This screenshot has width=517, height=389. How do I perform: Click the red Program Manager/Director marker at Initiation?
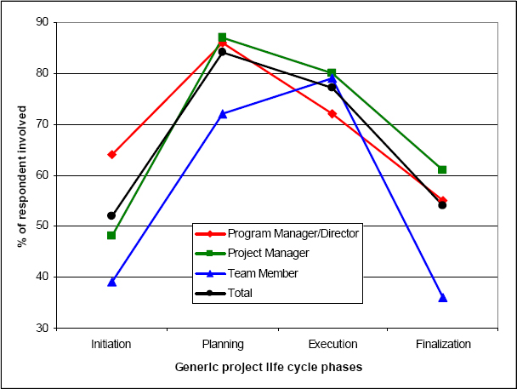[x=111, y=154]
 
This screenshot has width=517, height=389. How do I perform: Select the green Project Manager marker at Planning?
[x=222, y=37]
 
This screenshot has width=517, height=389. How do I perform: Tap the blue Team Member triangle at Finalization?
[x=442, y=297]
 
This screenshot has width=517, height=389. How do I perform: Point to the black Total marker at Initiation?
[x=111, y=215]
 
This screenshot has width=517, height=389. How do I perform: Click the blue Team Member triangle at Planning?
[x=222, y=114]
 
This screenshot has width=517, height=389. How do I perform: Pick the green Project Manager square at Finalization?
[x=442, y=169]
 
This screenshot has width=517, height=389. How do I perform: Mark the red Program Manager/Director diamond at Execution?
[x=332, y=113]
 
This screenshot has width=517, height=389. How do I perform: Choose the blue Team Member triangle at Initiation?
[x=111, y=282]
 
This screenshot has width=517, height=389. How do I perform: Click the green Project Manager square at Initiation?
[x=111, y=235]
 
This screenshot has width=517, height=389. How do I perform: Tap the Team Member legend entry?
[x=260, y=272]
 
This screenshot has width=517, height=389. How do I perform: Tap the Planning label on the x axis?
[x=222, y=344]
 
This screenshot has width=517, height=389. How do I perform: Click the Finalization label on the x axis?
[x=442, y=344]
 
